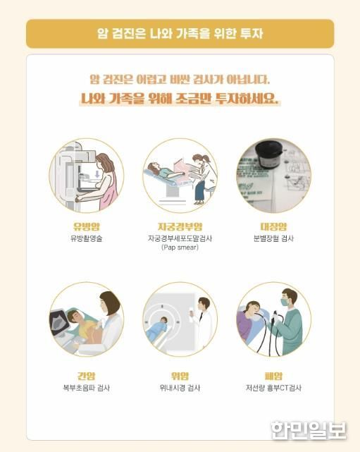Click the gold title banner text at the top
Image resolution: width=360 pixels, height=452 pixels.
pyautogui.click(x=180, y=33)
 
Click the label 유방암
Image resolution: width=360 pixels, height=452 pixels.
pyautogui.click(x=87, y=226)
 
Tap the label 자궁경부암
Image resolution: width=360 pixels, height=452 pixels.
pyautogui.click(x=180, y=226)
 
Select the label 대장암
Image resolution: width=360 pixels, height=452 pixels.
pyautogui.click(x=273, y=226)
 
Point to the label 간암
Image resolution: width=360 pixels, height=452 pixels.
pyautogui.click(x=86, y=376)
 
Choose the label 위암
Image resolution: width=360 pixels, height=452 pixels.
pyautogui.click(x=180, y=376)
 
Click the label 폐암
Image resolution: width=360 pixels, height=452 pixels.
pyautogui.click(x=273, y=376)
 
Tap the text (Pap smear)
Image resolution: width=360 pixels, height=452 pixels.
pyautogui.click(x=180, y=248)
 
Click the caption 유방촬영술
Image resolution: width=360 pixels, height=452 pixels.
pyautogui.click(x=87, y=238)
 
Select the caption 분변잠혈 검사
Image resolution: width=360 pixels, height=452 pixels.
pyautogui.click(x=273, y=238)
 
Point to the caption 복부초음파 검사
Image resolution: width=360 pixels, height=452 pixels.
pyautogui.click(x=87, y=388)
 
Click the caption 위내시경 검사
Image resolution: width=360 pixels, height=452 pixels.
pyautogui.click(x=180, y=388)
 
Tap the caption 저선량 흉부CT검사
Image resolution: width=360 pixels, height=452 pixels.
pyautogui.click(x=273, y=388)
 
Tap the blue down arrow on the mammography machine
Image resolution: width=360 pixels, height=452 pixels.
pyautogui.click(x=98, y=173)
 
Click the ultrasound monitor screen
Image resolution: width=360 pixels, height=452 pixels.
pyautogui.click(x=60, y=321)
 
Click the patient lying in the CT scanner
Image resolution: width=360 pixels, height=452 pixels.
pyautogui.click(x=157, y=329)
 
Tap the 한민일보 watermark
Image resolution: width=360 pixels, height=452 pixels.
pyautogui.click(x=309, y=430)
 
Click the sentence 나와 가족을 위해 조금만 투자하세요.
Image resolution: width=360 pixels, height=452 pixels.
pyautogui.click(x=180, y=99)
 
